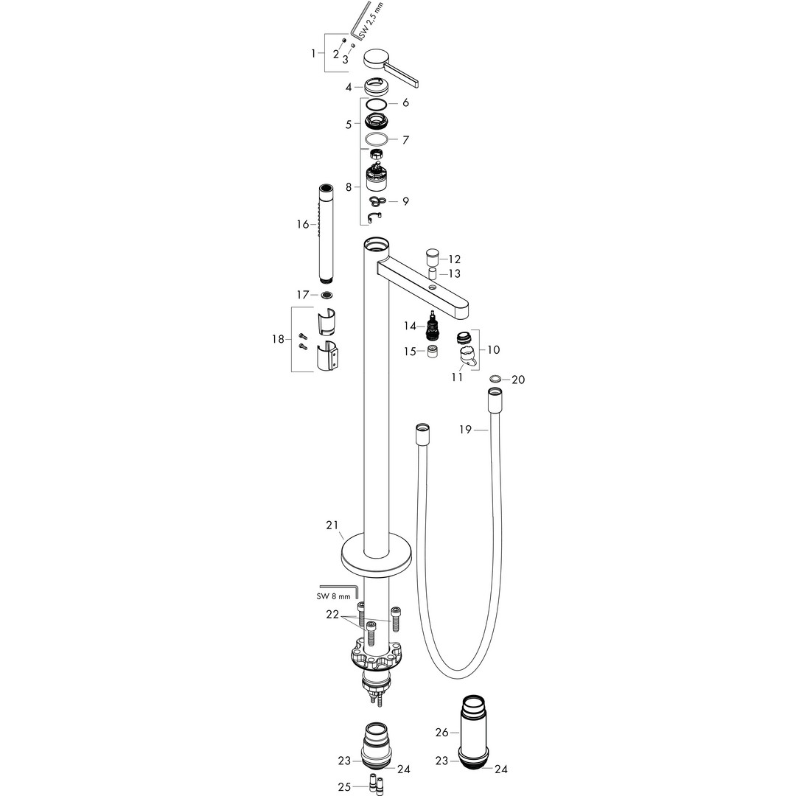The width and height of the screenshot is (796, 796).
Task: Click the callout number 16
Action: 303,224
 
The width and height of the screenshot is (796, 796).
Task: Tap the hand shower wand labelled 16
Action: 327,234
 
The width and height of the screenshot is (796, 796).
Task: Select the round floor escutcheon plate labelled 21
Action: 376,555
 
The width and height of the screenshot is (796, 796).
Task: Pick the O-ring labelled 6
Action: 376,103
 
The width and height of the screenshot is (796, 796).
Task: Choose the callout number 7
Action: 405,139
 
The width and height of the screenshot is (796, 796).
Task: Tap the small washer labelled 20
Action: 496,379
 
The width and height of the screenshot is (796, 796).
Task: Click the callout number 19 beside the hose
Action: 466,430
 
